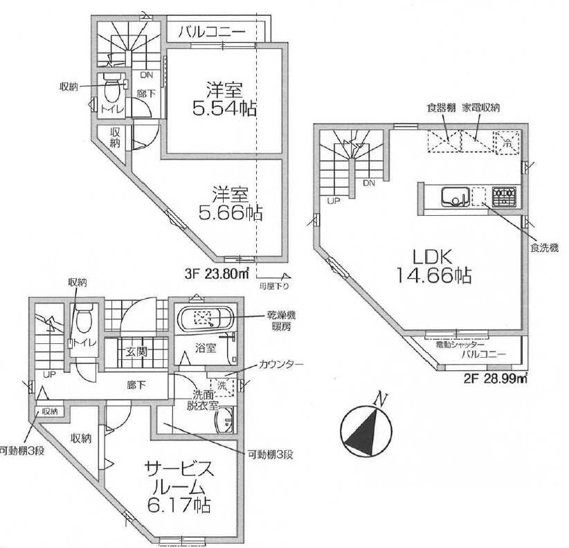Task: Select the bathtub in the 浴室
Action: click(206, 320)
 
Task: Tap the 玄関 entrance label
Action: click(135, 352)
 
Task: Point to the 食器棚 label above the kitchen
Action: click(440, 108)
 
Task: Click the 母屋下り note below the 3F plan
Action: click(275, 284)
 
